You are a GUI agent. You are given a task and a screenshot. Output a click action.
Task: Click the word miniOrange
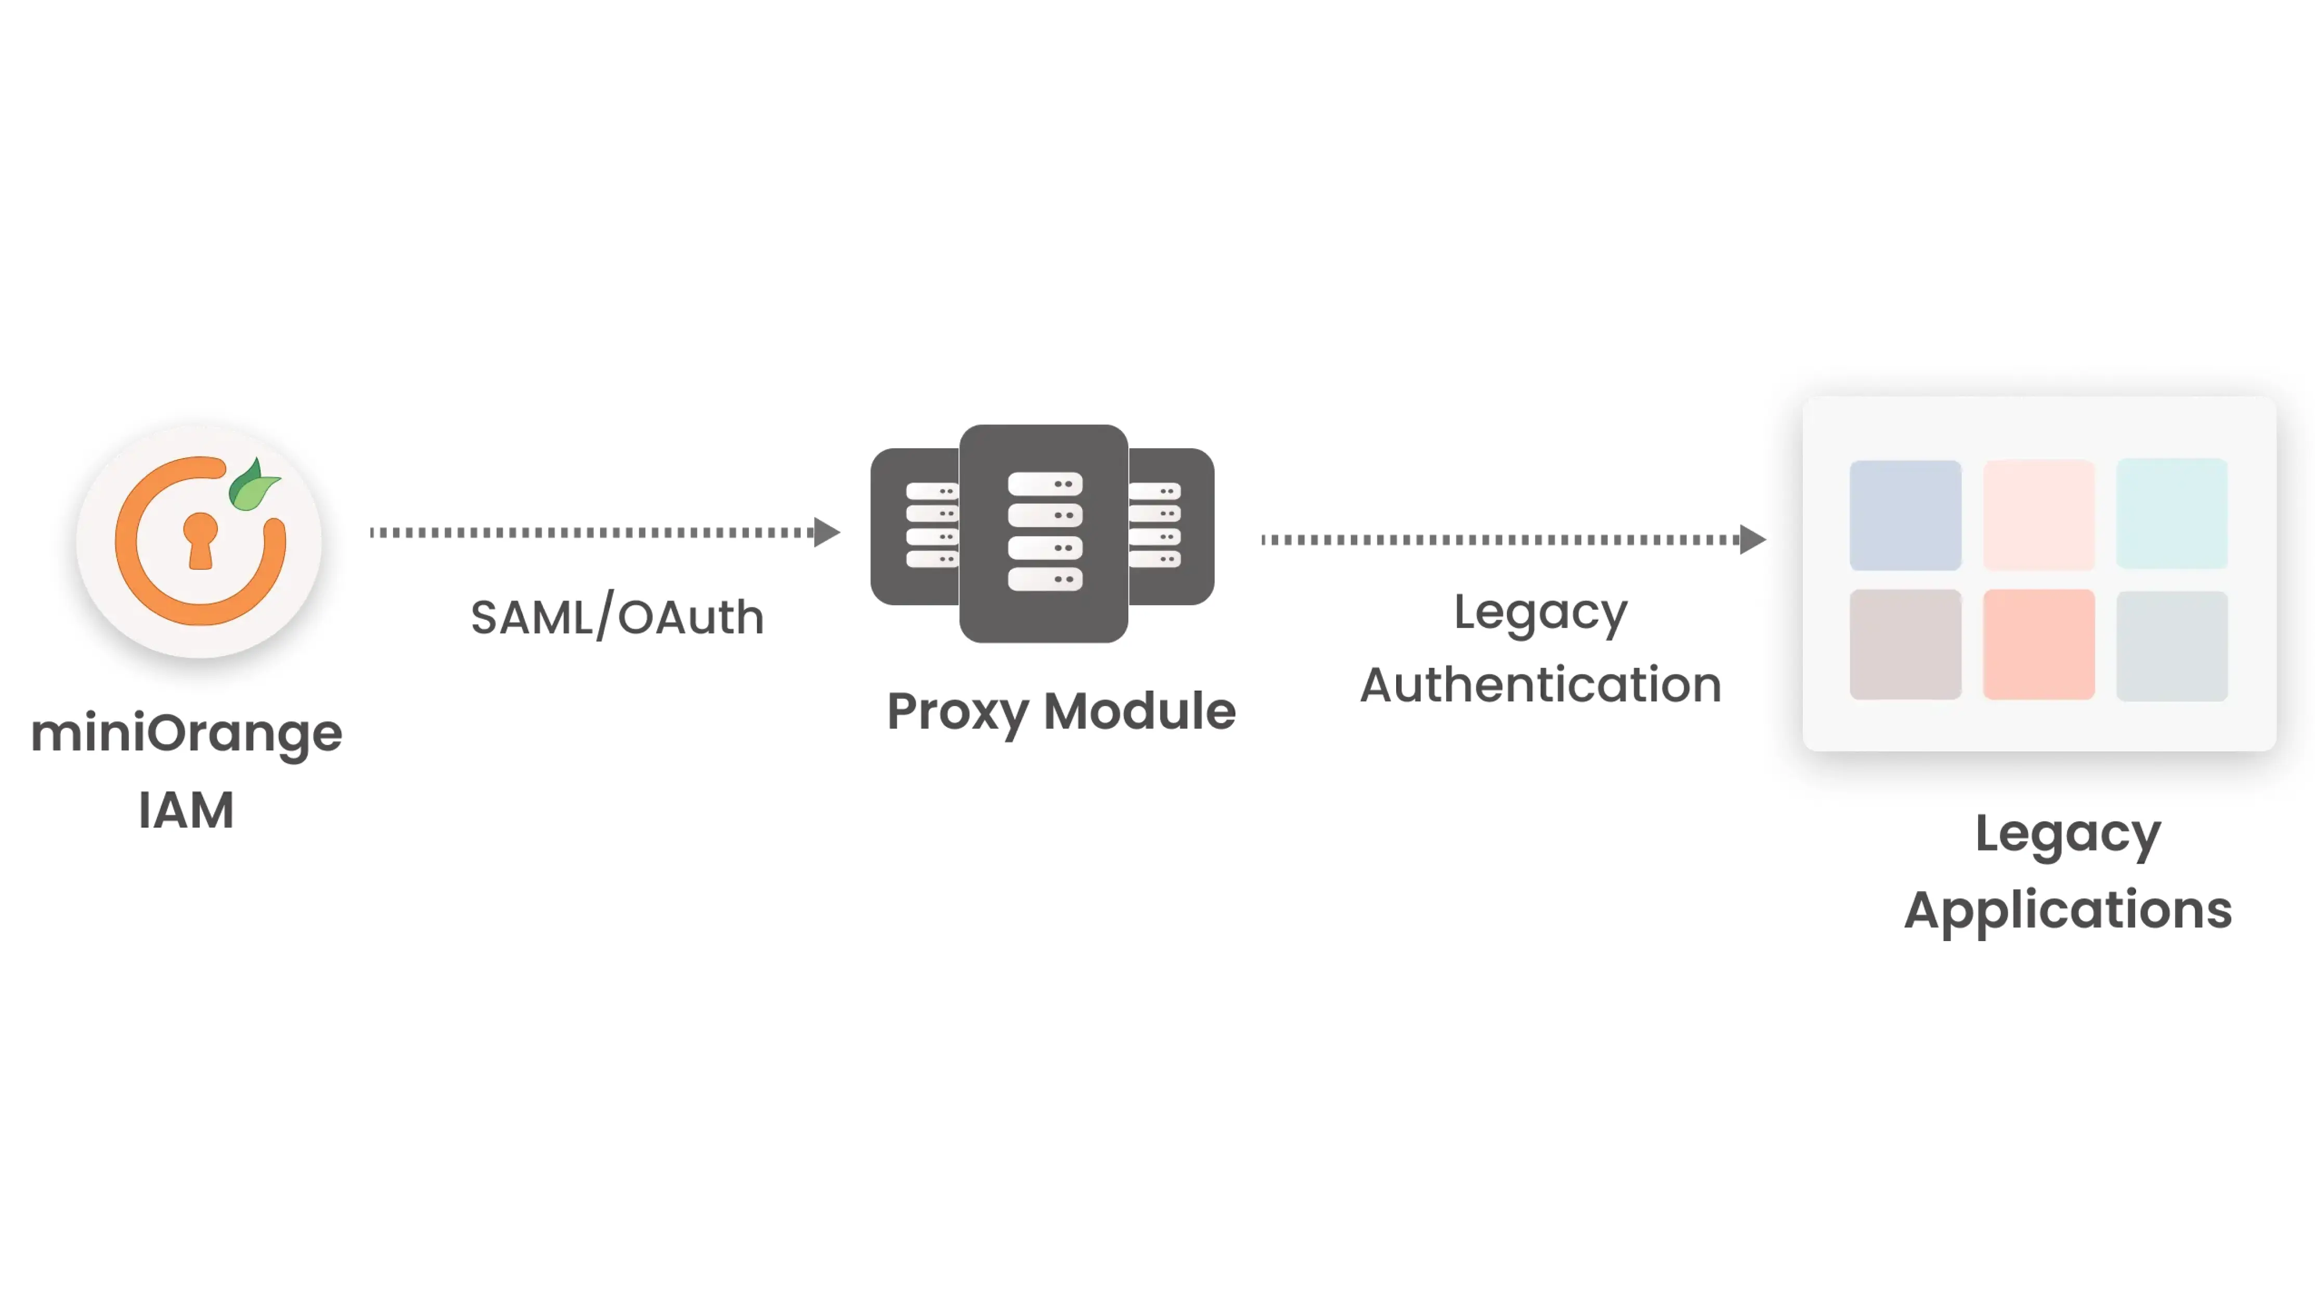tap(186, 733)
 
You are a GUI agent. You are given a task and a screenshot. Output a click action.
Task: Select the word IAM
tap(186, 811)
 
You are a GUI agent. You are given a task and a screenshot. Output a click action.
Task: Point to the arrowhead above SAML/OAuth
tap(826, 532)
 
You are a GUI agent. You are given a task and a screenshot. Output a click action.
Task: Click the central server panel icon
tap(1044, 533)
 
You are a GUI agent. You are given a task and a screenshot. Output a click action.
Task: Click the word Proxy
tap(957, 712)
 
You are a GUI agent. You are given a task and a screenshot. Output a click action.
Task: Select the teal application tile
tap(2171, 513)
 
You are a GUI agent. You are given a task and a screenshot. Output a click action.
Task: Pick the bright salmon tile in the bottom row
tap(2038, 644)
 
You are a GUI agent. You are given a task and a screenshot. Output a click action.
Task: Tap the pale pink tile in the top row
tap(2038, 514)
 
